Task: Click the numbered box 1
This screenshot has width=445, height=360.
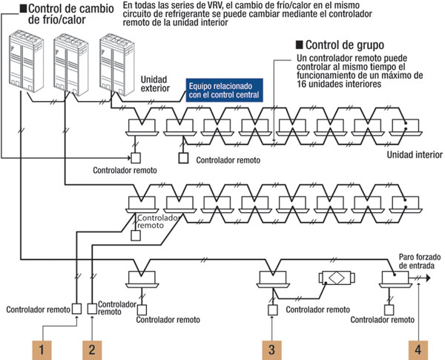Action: [44, 347]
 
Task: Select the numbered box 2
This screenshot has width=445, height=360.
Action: [91, 347]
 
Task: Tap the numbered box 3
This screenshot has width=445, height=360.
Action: [272, 347]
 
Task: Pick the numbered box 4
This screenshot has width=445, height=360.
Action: [419, 347]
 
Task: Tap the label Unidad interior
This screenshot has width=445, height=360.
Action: [412, 156]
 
